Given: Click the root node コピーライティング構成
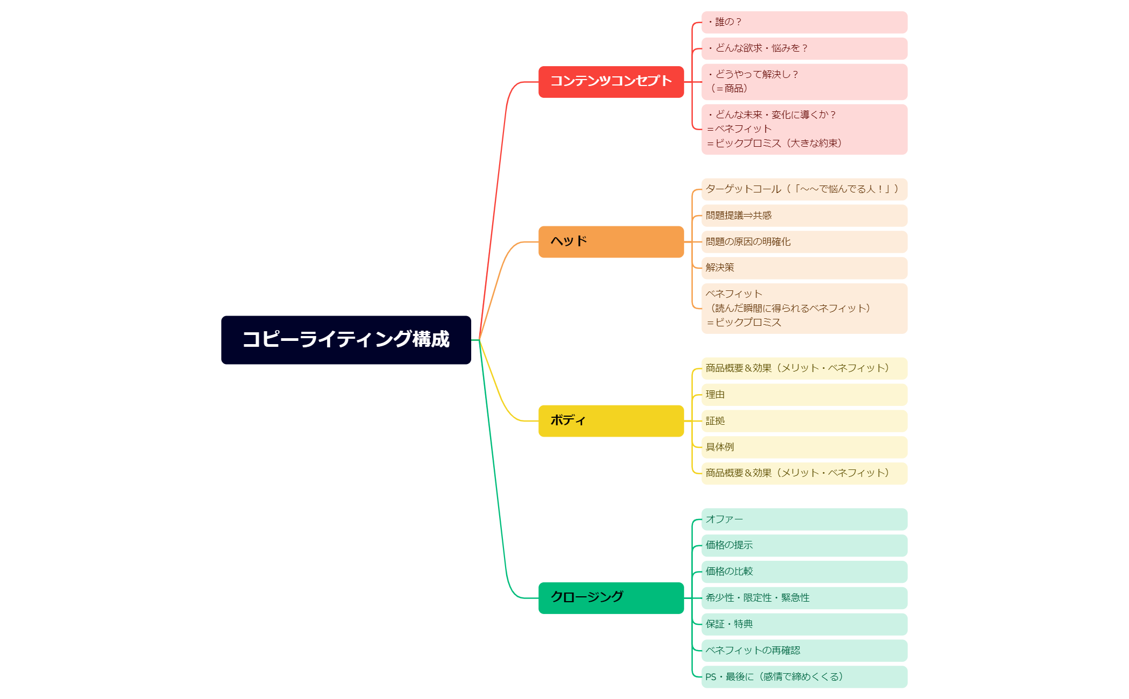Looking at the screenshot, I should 346,340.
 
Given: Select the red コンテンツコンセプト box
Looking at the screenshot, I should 610,82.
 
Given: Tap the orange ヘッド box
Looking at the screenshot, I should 610,241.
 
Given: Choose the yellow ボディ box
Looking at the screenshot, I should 610,420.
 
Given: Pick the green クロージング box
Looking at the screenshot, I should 610,597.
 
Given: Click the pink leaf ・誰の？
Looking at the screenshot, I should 804,22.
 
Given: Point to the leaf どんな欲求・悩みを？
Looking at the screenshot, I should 804,48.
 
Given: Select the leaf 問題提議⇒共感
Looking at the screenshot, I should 804,216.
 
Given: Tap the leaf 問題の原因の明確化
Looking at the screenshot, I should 804,242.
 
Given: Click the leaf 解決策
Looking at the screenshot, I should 804,268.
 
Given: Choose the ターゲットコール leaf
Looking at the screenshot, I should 804,189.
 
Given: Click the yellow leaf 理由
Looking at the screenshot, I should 804,395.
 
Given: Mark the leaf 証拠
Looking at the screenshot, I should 804,421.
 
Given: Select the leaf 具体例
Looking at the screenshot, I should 804,447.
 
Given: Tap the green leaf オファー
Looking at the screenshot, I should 804,519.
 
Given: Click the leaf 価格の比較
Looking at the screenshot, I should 804,572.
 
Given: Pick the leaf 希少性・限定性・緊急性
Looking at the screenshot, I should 804,598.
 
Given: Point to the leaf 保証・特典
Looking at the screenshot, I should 804,624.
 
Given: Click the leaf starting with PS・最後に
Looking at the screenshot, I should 804,677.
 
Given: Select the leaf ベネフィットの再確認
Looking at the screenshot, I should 804,651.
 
